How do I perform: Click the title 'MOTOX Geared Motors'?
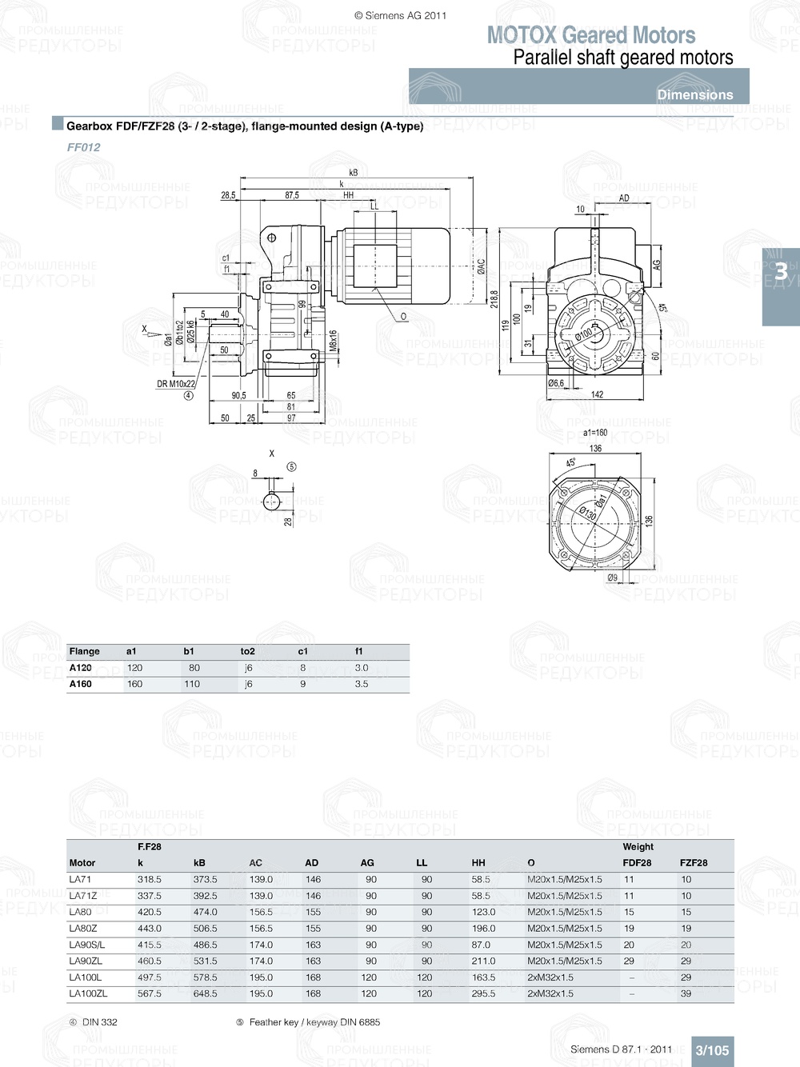590,35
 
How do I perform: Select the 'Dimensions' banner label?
694,94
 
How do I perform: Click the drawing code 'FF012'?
83,147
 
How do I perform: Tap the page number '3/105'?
711,1050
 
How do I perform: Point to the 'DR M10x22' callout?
175,384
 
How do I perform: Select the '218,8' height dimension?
494,299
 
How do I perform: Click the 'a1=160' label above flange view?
594,433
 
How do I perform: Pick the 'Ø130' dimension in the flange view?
588,512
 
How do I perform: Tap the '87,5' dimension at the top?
292,195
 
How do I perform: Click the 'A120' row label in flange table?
80,668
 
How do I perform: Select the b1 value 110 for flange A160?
192,684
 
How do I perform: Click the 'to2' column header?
247,651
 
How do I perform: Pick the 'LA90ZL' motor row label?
86,961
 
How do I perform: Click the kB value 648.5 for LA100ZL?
205,993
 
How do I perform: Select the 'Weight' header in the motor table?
638,846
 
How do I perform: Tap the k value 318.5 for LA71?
149,879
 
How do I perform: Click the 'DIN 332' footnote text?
99,1022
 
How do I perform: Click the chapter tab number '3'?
781,273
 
